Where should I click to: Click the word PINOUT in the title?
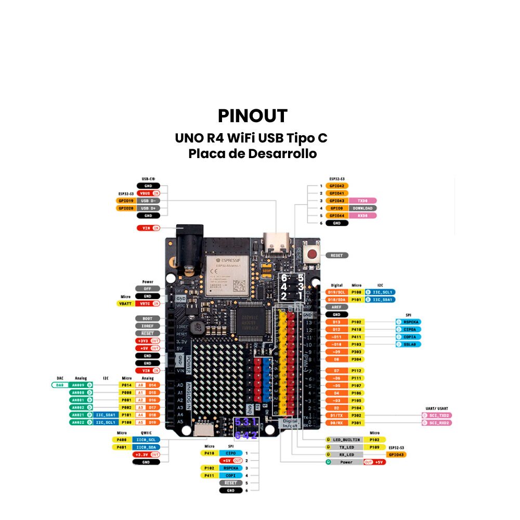click(x=253, y=116)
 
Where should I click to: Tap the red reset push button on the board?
click(x=313, y=255)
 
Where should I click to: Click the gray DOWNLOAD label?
click(x=362, y=208)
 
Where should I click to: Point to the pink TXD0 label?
click(x=362, y=200)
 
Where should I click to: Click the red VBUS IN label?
click(x=149, y=193)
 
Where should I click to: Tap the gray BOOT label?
click(x=148, y=318)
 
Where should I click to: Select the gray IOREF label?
click(x=148, y=326)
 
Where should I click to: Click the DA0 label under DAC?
click(x=60, y=385)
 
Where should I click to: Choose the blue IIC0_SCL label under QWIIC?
click(x=148, y=439)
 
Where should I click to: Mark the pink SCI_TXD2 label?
click(x=437, y=415)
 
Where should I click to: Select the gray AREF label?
click(x=336, y=307)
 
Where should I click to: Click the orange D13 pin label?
click(x=336, y=322)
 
